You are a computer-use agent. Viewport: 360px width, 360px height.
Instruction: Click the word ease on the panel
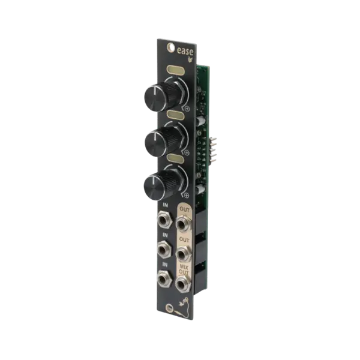pyautogui.click(x=185, y=51)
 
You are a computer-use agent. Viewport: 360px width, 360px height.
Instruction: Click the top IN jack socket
pyautogui.click(x=164, y=220)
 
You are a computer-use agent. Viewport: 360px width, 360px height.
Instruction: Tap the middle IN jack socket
pyautogui.click(x=164, y=250)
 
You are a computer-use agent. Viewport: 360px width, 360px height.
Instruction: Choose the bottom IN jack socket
pyautogui.click(x=164, y=279)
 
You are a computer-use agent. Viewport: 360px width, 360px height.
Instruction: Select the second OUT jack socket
pyautogui.click(x=183, y=254)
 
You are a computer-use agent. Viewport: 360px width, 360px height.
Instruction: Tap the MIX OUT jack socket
pyautogui.click(x=183, y=284)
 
